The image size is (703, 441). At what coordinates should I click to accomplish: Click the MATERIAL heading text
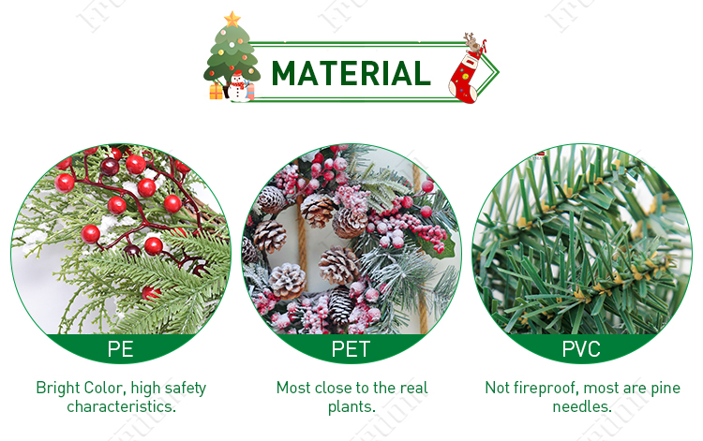[351, 73]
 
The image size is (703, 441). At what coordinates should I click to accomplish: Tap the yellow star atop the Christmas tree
[232, 19]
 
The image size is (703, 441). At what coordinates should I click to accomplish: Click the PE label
[120, 350]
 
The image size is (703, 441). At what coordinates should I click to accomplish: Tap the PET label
[351, 350]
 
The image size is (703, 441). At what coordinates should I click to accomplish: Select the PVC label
[581, 350]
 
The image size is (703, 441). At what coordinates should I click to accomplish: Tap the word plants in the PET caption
[351, 407]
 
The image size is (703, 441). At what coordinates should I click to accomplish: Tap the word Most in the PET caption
[293, 388]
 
